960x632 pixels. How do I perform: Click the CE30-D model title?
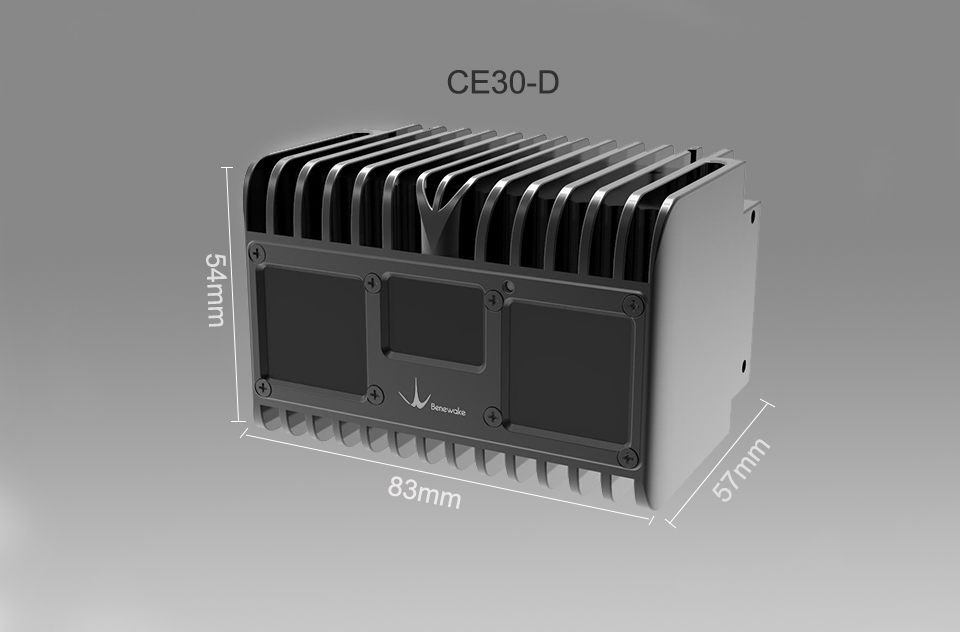point(502,81)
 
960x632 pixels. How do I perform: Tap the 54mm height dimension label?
point(214,290)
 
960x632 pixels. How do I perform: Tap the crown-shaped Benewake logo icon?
point(412,397)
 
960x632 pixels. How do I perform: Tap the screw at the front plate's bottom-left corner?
point(263,386)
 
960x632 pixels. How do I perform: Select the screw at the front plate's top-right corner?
point(628,304)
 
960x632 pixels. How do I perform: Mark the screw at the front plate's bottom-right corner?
point(627,457)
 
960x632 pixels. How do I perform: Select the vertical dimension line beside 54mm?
point(237,295)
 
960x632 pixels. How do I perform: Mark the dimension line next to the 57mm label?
point(718,461)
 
